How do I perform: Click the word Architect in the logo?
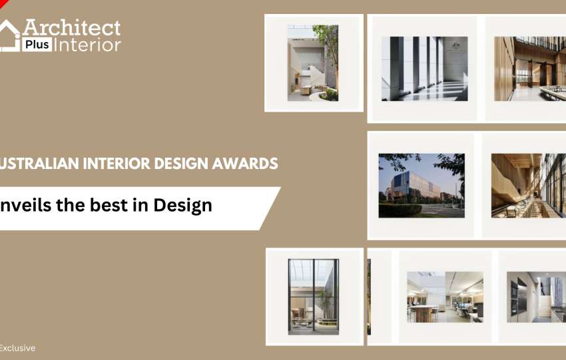click(x=71, y=27)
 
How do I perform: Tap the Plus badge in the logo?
click(x=37, y=45)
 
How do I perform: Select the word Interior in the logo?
click(x=88, y=45)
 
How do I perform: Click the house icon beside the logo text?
click(x=10, y=35)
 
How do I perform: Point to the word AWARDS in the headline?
click(x=245, y=164)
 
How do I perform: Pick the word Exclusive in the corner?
click(x=17, y=348)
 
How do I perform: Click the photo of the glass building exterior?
click(x=422, y=186)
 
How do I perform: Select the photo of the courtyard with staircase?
click(x=313, y=63)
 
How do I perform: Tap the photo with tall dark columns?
click(x=425, y=69)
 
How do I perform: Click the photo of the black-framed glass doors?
click(x=314, y=297)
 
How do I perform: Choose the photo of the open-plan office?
click(x=445, y=297)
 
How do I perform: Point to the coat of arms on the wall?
click(x=454, y=45)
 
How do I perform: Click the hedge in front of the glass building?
click(x=400, y=211)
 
